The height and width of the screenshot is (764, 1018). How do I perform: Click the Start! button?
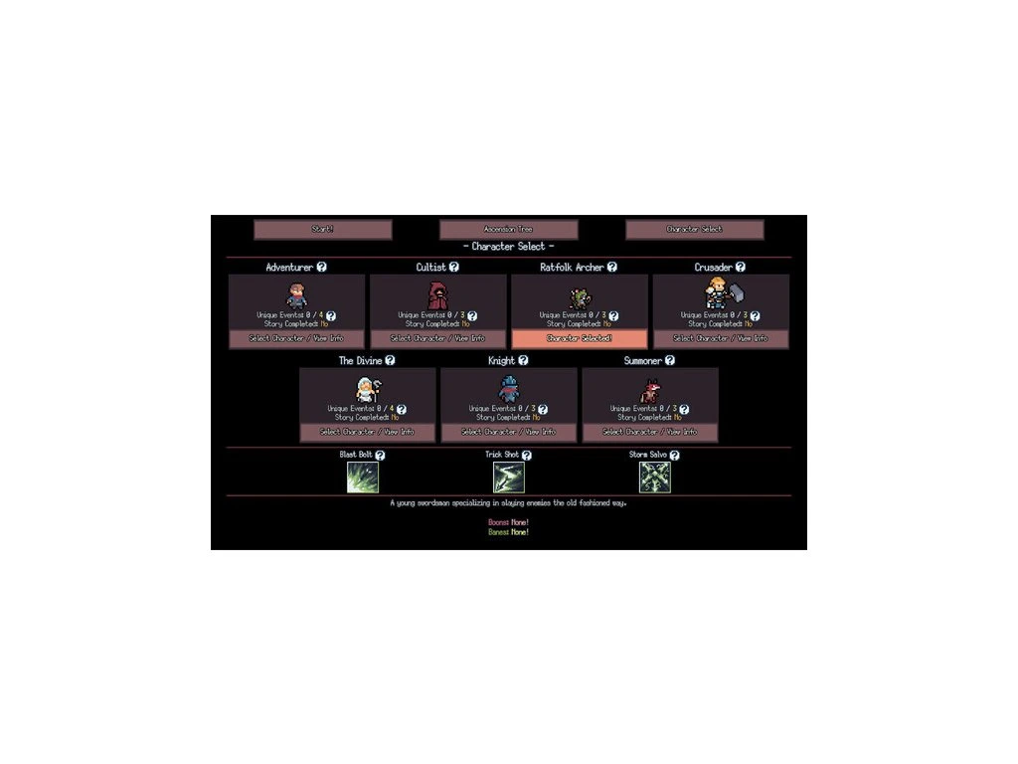click(323, 229)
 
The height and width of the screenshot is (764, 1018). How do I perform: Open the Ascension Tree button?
click(508, 229)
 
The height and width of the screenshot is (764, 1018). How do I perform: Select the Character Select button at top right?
click(694, 229)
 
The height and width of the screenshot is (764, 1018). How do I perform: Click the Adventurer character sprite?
click(297, 295)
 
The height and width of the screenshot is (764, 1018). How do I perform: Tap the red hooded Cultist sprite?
click(438, 295)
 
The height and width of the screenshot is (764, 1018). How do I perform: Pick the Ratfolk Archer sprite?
click(580, 296)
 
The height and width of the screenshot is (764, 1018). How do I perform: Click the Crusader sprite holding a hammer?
click(721, 292)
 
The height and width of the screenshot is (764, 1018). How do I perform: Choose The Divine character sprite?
click(367, 389)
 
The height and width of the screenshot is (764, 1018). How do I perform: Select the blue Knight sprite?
click(508, 389)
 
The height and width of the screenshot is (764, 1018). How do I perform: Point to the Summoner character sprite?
click(649, 390)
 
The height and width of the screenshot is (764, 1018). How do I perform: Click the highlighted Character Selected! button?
click(580, 338)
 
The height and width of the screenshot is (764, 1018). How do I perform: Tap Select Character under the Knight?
click(508, 432)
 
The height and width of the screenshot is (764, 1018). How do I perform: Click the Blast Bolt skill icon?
click(363, 477)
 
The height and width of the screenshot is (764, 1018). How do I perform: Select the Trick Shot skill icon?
click(508, 477)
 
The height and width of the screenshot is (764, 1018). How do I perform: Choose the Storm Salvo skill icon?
click(654, 477)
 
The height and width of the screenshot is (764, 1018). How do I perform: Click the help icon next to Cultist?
click(454, 267)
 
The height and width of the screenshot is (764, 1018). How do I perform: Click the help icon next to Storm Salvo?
click(672, 455)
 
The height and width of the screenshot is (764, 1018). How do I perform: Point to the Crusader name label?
click(713, 267)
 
